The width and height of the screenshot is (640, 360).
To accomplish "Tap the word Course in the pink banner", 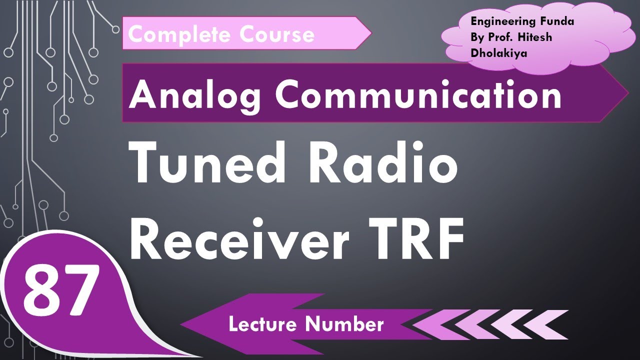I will point(276,34).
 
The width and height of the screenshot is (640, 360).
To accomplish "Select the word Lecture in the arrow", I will point(263,324).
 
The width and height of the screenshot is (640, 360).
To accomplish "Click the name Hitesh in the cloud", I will point(534,37).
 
